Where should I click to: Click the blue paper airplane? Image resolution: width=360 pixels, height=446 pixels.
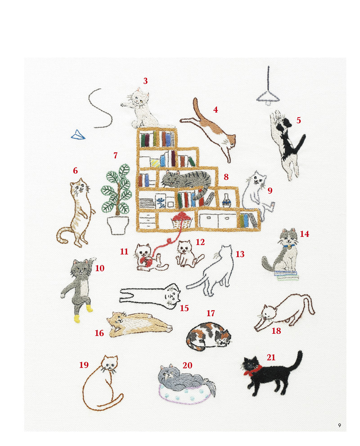tap(78, 135)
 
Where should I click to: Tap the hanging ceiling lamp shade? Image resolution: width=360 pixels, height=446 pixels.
tap(268, 97)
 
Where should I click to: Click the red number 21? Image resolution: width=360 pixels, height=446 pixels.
tap(271, 357)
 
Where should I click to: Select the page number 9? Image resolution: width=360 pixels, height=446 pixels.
tap(340, 425)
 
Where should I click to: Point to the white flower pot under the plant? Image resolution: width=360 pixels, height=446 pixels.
tap(118, 225)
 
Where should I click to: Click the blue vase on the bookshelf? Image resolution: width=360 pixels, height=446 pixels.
tap(226, 200)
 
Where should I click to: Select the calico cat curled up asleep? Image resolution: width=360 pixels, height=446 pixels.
tap(209, 336)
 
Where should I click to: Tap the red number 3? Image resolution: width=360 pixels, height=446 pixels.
tap(145, 81)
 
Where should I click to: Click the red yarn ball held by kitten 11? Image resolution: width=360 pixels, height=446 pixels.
tap(146, 261)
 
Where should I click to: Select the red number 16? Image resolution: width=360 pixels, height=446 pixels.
tap(99, 333)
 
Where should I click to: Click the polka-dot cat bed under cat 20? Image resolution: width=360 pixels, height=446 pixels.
tap(186, 394)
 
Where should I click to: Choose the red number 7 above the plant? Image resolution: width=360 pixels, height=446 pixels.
tap(115, 155)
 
